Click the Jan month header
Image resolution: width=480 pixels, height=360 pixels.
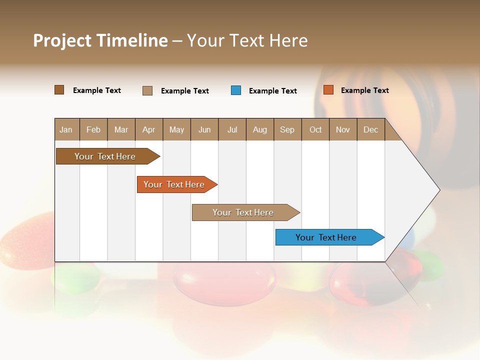point(66,130)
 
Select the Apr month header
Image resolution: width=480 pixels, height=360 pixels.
point(149,130)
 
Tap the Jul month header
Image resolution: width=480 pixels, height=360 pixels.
point(232,130)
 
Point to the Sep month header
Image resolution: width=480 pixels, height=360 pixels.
point(287,130)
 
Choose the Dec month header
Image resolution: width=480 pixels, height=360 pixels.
point(370,130)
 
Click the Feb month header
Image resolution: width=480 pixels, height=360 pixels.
point(93,130)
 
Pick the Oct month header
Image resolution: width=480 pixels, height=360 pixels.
point(315,130)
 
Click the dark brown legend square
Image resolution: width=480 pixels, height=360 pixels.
point(59,90)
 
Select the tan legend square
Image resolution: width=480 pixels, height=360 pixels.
point(147,90)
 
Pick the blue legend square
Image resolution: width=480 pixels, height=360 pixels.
point(236,90)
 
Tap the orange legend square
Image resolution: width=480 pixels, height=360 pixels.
point(328,90)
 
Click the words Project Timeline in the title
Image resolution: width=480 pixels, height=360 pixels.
point(100,40)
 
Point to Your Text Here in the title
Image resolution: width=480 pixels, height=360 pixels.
point(247,40)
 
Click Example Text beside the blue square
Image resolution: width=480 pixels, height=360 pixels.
point(272,91)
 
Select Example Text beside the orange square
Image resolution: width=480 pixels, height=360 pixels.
point(364,90)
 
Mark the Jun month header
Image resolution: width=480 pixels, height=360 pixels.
point(204,130)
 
